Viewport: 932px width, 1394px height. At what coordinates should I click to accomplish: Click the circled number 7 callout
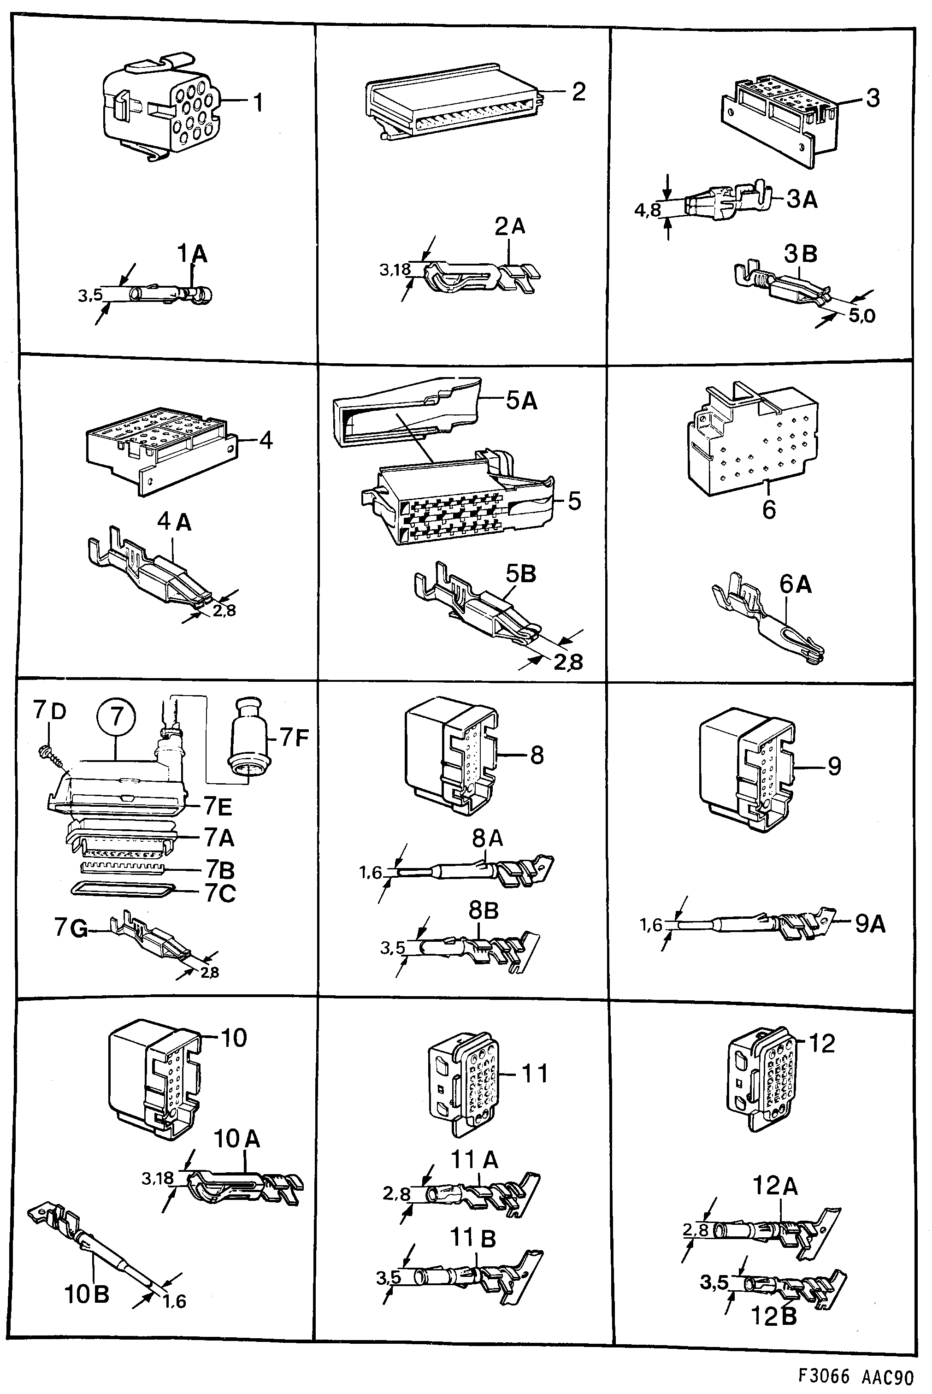(117, 717)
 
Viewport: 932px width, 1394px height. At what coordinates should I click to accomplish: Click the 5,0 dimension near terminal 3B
(861, 316)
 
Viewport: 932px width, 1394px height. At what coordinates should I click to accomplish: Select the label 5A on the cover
(521, 401)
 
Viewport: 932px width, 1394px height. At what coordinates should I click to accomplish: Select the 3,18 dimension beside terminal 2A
(395, 270)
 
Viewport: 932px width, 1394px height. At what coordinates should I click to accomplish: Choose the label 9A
(870, 924)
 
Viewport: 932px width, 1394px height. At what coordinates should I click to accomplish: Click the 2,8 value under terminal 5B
(568, 662)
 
